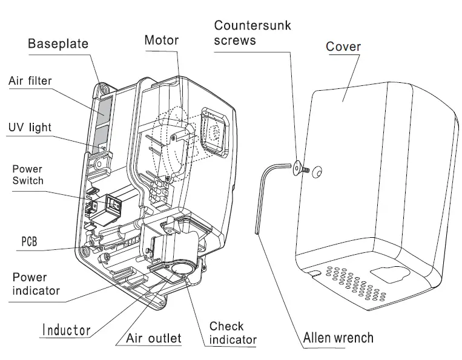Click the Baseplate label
(58, 44)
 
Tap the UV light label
(30, 128)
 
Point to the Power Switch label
(28, 175)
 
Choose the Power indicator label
(36, 284)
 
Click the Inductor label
(66, 330)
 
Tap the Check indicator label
(233, 333)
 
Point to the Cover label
(343, 47)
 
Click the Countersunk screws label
(252, 33)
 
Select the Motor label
(161, 41)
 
